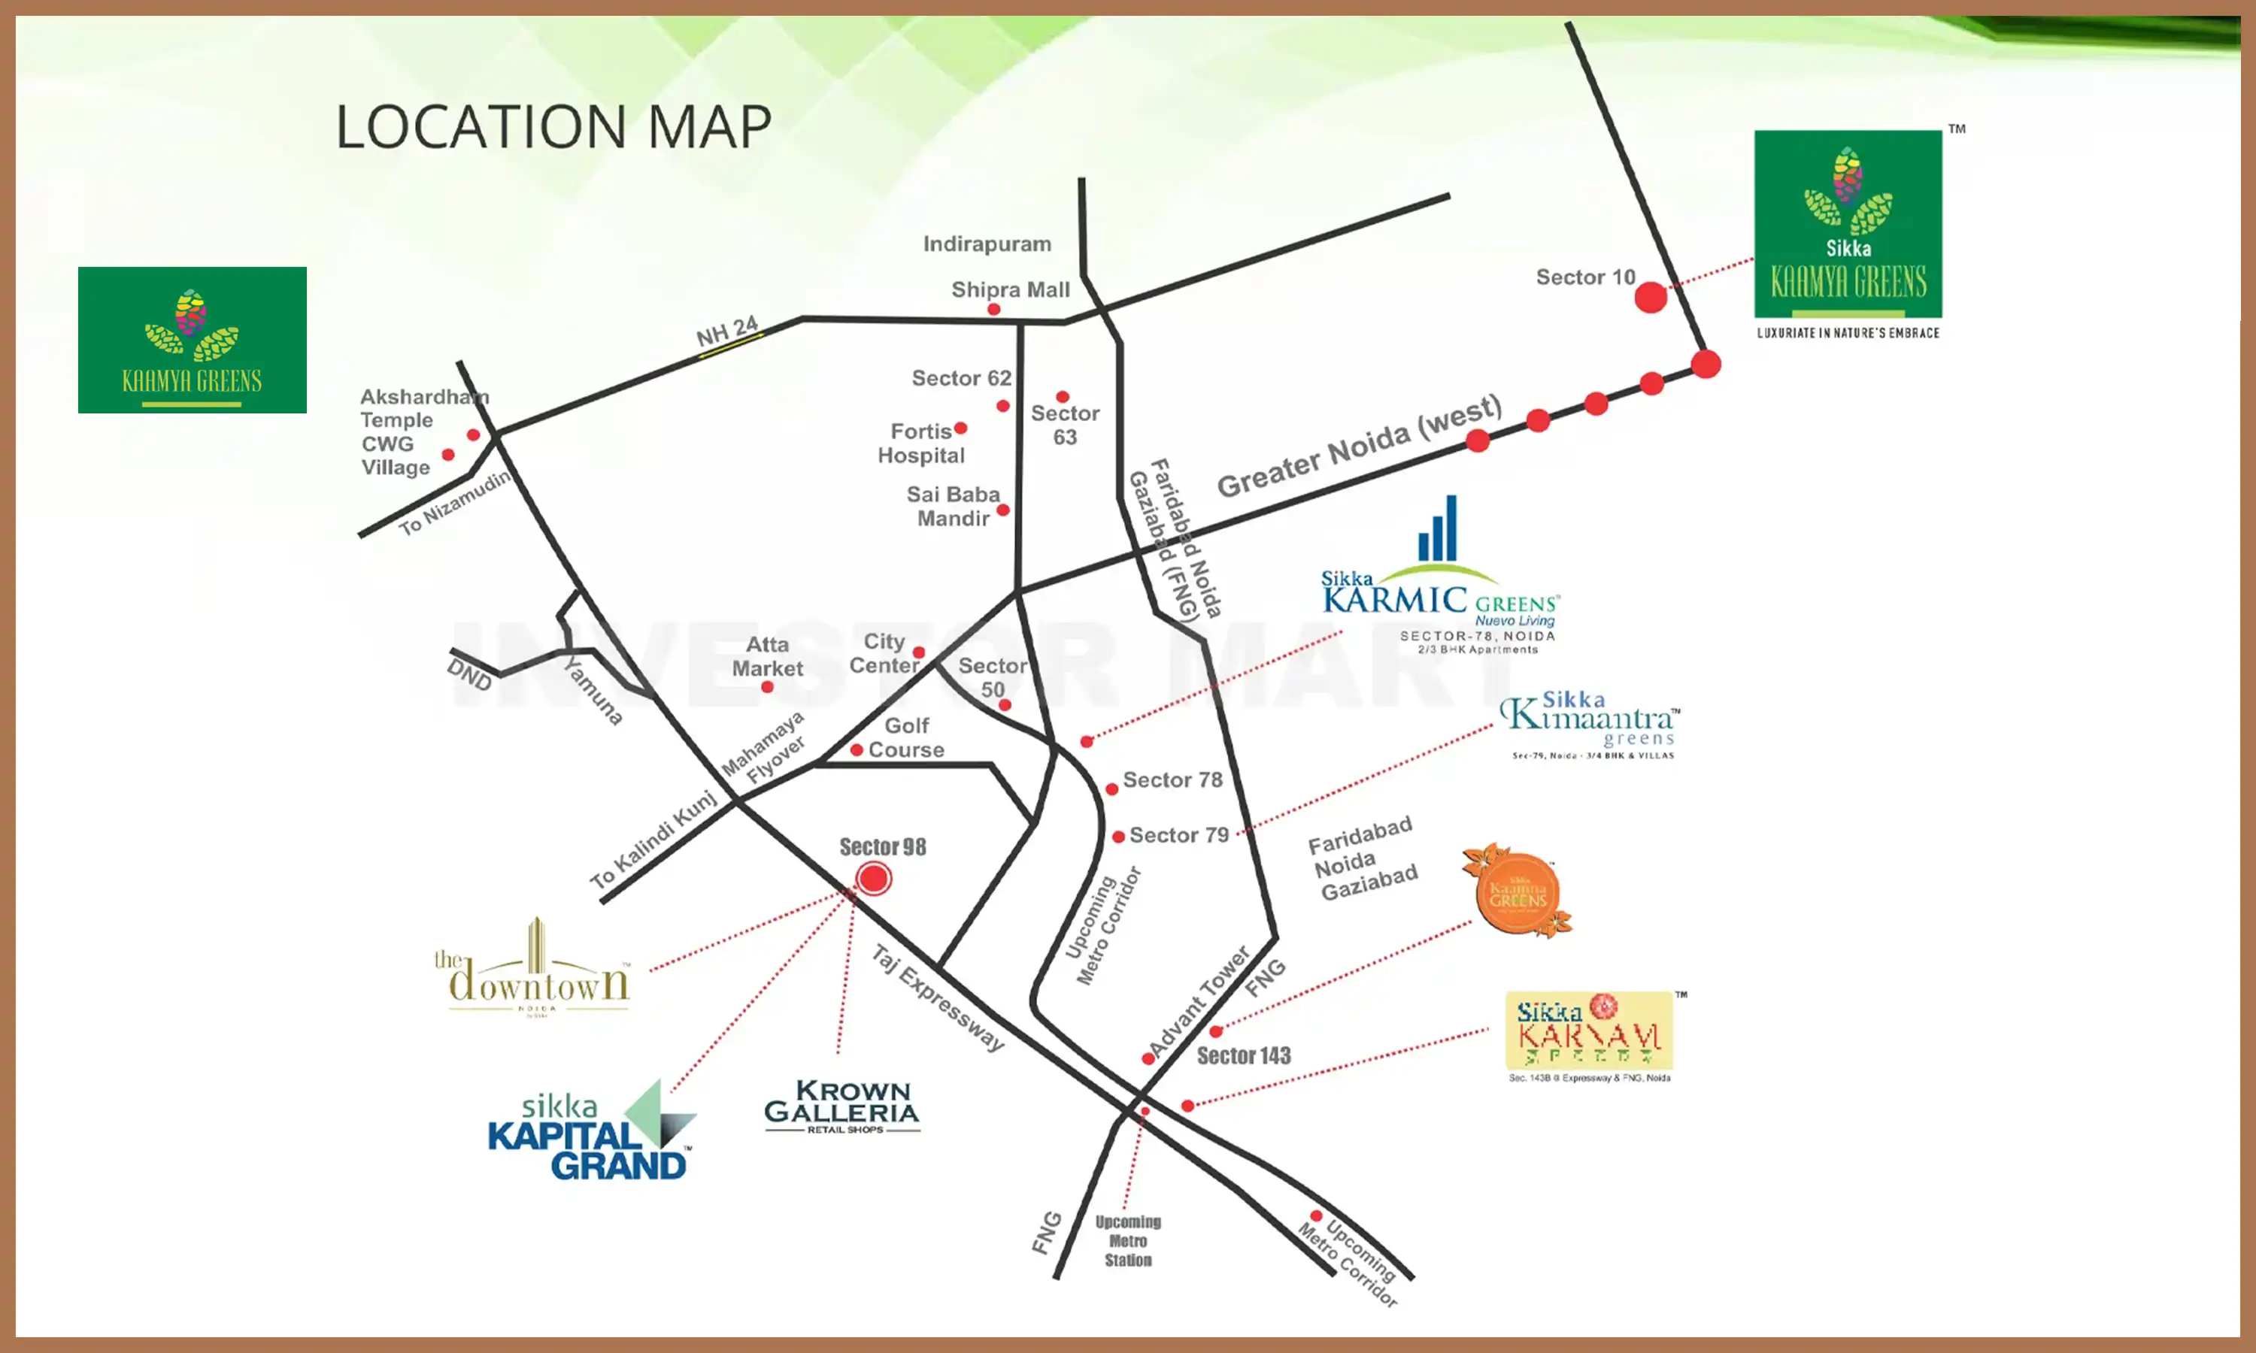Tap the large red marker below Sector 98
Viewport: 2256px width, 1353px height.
tap(875, 878)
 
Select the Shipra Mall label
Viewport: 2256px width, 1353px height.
tap(1011, 290)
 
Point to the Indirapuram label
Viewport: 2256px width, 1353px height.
tap(987, 244)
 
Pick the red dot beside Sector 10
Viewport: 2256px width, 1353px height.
tap(1651, 297)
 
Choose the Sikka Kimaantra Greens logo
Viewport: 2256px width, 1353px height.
tap(1591, 725)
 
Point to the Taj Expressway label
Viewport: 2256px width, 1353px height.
tap(938, 998)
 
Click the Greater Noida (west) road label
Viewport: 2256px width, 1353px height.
tap(1359, 446)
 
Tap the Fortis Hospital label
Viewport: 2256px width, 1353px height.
tap(921, 443)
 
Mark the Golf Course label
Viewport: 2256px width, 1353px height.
tap(905, 737)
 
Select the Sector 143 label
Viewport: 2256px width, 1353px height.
tap(1244, 1056)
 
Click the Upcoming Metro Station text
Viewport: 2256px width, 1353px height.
tap(1128, 1241)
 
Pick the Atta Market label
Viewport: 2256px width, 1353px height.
tap(767, 656)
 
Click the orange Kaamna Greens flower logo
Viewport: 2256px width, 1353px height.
tap(1518, 891)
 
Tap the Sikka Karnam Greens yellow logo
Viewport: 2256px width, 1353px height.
tap(1588, 1031)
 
